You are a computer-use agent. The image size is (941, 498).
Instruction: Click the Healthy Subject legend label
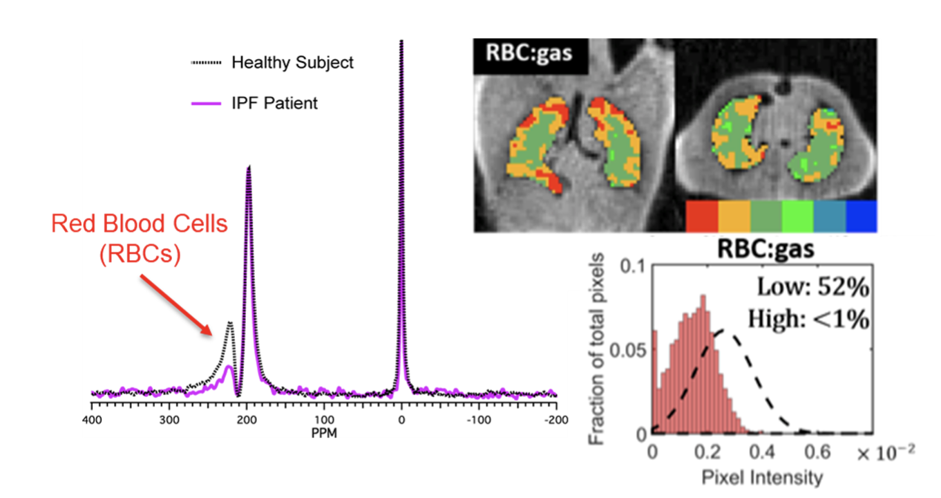(x=292, y=63)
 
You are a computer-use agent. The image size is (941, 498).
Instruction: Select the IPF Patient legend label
(x=274, y=103)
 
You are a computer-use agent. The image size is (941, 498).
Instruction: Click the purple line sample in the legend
(x=206, y=103)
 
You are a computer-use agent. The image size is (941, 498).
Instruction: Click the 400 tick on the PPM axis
(x=92, y=419)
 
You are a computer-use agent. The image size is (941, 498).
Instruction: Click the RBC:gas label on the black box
(x=530, y=53)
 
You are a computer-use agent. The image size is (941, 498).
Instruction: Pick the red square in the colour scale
(x=702, y=216)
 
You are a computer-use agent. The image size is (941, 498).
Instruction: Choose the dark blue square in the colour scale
(x=861, y=216)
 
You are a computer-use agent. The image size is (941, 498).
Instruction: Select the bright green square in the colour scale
(x=797, y=216)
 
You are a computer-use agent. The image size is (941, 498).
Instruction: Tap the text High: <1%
(x=808, y=319)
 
